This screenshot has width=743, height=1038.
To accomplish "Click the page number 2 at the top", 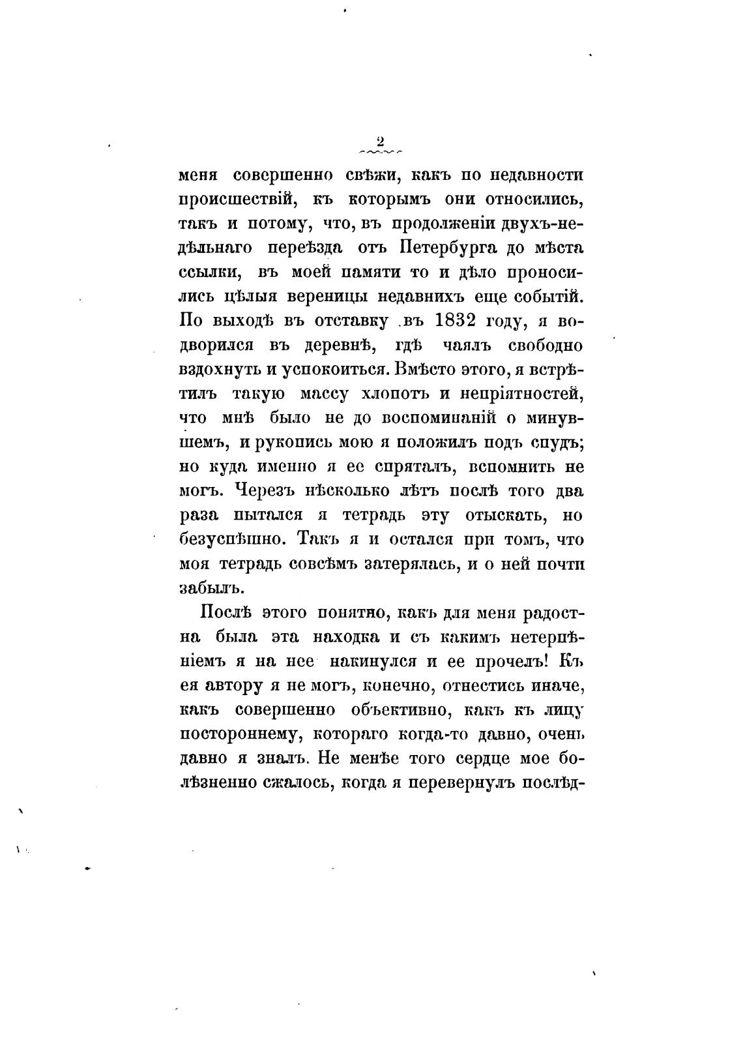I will pyautogui.click(x=381, y=141).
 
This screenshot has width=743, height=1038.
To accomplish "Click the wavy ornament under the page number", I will pyautogui.click(x=381, y=154).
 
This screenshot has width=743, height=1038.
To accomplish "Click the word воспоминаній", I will pyautogui.click(x=427, y=419).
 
